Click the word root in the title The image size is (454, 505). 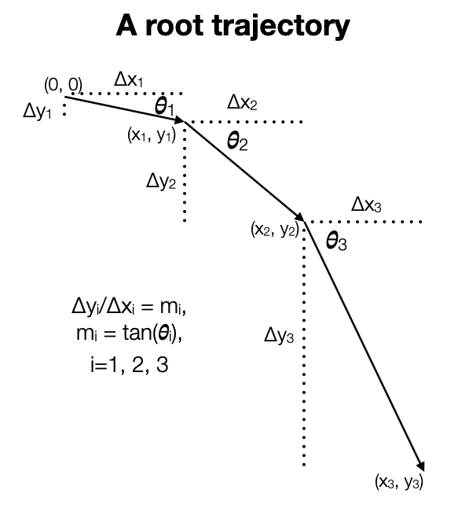point(174,25)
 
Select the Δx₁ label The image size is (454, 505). point(128,79)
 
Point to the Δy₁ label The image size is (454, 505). point(37,112)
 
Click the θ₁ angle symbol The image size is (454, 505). point(164,106)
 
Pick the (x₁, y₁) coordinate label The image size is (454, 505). point(152,135)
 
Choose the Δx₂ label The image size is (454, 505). point(242,103)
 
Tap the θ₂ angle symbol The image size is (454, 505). point(237,142)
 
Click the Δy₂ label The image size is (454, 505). point(161,182)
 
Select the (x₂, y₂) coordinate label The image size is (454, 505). point(275,230)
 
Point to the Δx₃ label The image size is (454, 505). point(366,205)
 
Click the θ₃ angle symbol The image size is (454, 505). point(336,241)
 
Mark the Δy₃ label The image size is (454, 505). point(279,335)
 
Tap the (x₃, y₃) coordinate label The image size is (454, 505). point(399,482)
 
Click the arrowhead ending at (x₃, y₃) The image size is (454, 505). point(421,466)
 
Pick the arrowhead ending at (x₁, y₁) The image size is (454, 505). point(179,120)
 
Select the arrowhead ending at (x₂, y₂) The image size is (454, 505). point(300,217)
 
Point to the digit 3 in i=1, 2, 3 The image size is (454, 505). point(163,365)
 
